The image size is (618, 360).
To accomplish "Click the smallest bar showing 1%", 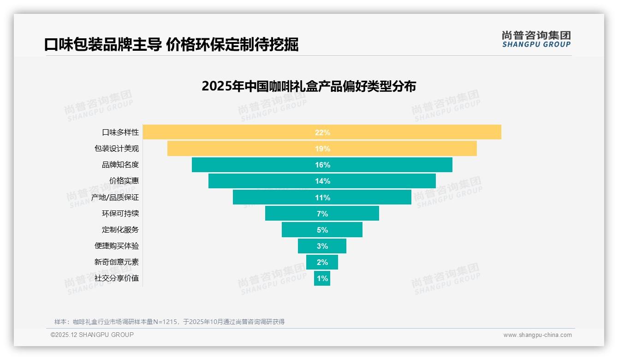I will click(322, 278).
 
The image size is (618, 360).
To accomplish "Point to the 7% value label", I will click(322, 214).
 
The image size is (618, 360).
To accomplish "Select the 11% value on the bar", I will click(322, 198).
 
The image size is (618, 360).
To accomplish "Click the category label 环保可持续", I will click(120, 214).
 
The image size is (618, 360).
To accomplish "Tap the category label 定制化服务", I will click(120, 230).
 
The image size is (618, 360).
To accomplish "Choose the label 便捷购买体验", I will click(116, 246).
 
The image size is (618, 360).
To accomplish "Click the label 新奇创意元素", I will click(116, 262).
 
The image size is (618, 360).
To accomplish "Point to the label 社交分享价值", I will click(116, 278).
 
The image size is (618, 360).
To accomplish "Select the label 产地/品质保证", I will click(115, 198).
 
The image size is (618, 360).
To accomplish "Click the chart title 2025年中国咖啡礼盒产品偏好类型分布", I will click(309, 86).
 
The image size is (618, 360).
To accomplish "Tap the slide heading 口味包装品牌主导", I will click(102, 45).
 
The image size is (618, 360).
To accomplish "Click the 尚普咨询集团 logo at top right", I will click(536, 39).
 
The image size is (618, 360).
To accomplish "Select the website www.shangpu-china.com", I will click(537, 335).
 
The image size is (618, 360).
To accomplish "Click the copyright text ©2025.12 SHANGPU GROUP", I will click(92, 335).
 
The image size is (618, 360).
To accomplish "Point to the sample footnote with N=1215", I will click(169, 322).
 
